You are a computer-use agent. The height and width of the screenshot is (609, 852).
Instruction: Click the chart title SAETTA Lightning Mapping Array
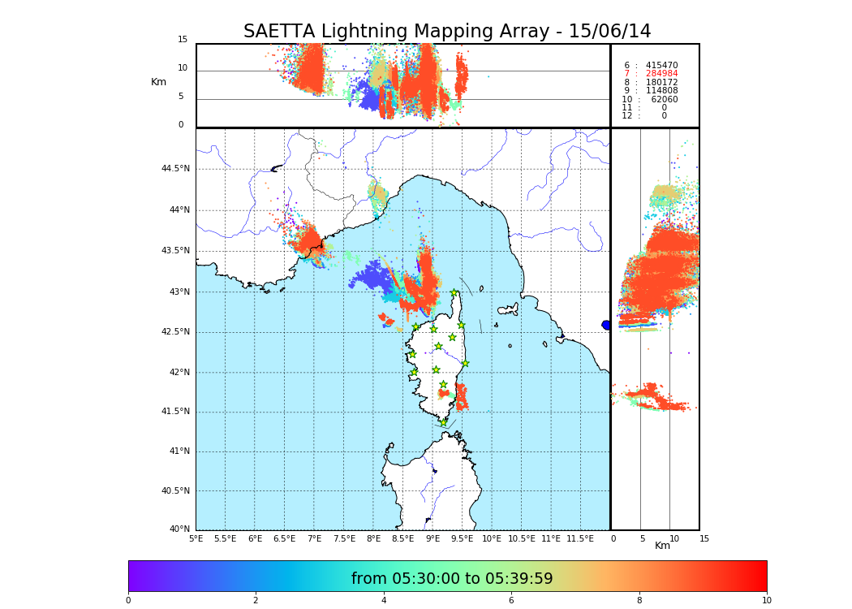pos(447,32)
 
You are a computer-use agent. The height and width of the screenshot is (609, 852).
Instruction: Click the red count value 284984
pos(661,74)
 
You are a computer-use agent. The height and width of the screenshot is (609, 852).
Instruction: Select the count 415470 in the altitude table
pos(661,65)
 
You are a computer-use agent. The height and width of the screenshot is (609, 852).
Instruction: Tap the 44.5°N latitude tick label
pos(174,169)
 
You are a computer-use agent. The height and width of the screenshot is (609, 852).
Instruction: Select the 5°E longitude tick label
pos(196,538)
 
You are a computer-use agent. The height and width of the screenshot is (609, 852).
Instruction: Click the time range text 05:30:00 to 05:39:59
pos(452,579)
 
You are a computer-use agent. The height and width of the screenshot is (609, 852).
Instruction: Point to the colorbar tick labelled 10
pos(766,600)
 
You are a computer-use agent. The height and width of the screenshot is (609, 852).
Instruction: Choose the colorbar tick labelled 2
pos(256,600)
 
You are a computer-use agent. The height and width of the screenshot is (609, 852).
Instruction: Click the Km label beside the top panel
pos(158,82)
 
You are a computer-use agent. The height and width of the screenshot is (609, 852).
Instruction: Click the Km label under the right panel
pos(662,546)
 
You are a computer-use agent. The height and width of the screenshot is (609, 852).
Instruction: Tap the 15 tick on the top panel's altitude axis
pos(183,39)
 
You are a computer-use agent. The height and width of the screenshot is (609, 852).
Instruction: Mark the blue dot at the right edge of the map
pos(606,325)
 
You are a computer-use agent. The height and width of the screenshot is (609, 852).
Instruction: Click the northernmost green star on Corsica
pos(454,292)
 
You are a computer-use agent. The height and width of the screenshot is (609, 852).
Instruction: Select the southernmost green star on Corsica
pos(443,422)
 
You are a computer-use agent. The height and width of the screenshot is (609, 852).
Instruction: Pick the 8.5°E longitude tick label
pos(402,538)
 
